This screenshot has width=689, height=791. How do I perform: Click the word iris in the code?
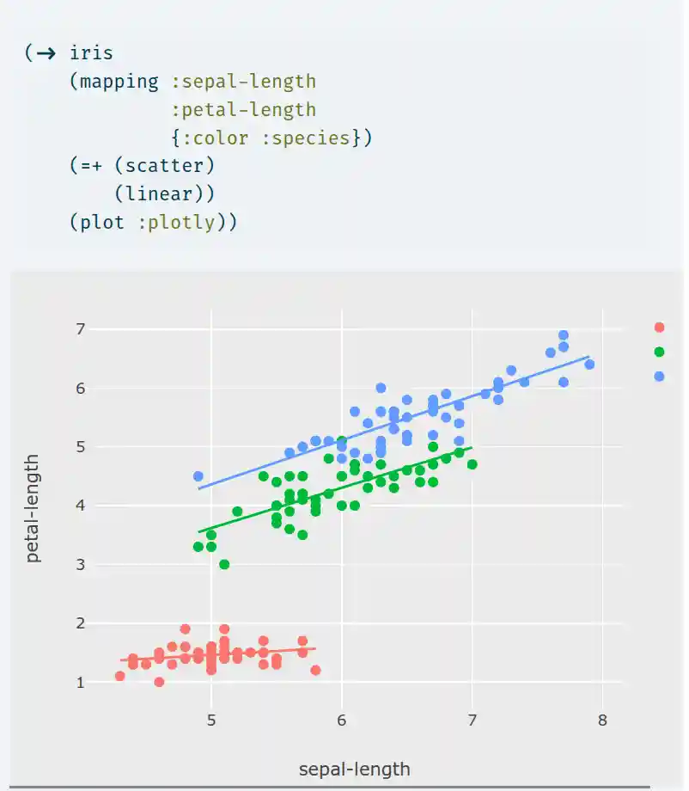pyautogui.click(x=91, y=53)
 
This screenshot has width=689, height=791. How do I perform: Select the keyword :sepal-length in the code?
pyautogui.click(x=243, y=82)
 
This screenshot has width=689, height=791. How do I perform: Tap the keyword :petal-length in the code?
pyautogui.click(x=243, y=110)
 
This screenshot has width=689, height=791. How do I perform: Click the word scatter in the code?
pyautogui.click(x=164, y=165)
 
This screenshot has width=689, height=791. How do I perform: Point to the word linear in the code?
pyautogui.click(x=164, y=193)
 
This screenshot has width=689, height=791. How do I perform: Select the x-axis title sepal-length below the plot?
pyautogui.click(x=354, y=769)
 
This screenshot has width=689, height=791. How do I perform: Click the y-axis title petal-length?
pyautogui.click(x=33, y=509)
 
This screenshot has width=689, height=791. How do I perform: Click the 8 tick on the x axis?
pyautogui.click(x=602, y=720)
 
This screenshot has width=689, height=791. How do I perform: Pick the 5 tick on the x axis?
pyautogui.click(x=211, y=720)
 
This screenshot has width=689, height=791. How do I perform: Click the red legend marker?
pyautogui.click(x=659, y=327)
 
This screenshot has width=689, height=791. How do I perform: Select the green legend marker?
pyautogui.click(x=659, y=352)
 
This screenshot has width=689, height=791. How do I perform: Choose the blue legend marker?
pyautogui.click(x=659, y=376)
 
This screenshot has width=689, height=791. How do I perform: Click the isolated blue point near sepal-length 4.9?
pyautogui.click(x=198, y=476)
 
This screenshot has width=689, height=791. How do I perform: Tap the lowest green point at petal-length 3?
pyautogui.click(x=224, y=564)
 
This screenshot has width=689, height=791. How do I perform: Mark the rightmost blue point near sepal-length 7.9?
pyautogui.click(x=589, y=365)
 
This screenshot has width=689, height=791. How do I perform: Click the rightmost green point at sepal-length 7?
pyautogui.click(x=472, y=464)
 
